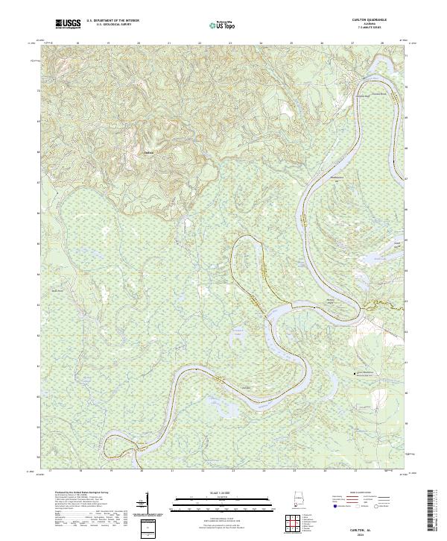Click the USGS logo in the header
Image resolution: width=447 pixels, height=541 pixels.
[x=67, y=25]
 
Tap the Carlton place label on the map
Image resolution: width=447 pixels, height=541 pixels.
[x=148, y=154]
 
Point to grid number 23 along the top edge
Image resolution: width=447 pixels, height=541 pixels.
[x=230, y=44]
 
